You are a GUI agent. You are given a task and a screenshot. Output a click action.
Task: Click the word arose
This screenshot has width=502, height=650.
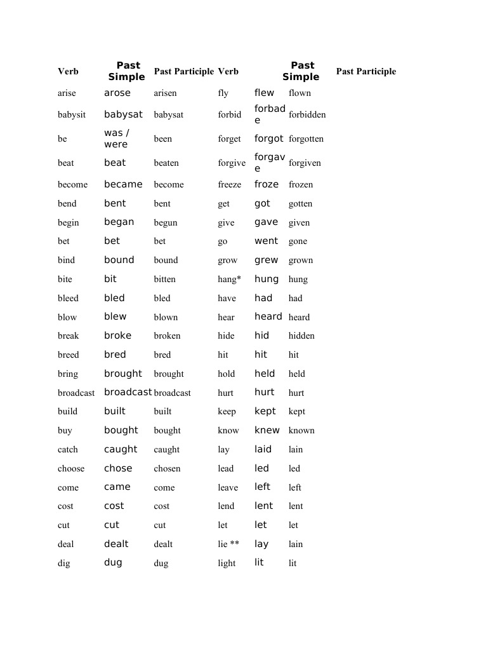(117, 93)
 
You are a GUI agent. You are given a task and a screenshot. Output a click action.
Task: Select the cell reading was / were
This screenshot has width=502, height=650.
(117, 139)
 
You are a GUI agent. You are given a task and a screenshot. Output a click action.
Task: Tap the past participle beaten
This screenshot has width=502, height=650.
(166, 163)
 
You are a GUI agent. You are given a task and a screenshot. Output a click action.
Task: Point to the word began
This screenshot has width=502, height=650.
(119, 222)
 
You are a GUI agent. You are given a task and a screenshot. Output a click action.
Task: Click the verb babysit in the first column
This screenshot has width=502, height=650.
(72, 115)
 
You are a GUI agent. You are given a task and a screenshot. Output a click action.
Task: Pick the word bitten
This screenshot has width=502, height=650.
(164, 279)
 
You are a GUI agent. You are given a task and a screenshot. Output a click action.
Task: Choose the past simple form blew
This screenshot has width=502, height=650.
(116, 316)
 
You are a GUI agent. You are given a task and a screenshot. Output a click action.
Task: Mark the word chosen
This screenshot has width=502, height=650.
(167, 468)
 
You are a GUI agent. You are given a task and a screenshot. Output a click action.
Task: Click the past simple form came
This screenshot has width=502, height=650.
(117, 487)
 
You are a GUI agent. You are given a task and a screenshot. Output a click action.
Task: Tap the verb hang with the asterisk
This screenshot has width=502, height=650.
(229, 279)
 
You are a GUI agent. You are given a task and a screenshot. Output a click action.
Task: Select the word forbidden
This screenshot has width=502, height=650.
(307, 115)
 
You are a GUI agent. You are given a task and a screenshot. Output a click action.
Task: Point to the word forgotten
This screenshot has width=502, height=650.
(306, 139)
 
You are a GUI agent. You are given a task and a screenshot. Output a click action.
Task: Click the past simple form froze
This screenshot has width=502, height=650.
(267, 184)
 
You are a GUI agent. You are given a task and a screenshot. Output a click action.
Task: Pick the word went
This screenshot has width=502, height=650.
(267, 241)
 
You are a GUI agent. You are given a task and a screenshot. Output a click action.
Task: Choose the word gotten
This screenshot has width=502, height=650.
(300, 204)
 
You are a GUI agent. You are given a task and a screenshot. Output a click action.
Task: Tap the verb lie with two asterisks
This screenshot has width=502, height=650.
(228, 544)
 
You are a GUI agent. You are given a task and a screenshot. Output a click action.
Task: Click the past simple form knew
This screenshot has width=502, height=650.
(267, 430)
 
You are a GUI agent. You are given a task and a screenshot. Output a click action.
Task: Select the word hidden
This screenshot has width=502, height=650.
(301, 335)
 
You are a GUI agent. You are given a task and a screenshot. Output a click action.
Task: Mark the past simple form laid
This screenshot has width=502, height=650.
(263, 449)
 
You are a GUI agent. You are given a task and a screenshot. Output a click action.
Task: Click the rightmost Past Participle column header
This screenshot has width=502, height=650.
(366, 72)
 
